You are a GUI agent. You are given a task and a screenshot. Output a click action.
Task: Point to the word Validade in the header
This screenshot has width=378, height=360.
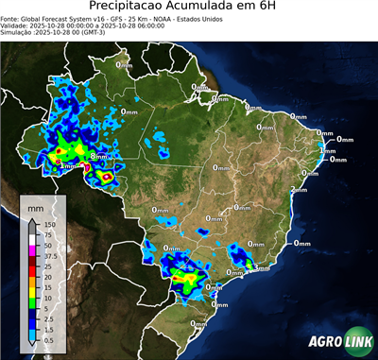[17, 26]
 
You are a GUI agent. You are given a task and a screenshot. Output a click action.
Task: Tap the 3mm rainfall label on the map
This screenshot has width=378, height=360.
[261, 268]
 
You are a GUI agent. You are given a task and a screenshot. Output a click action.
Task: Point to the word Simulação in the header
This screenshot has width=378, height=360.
[18, 33]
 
